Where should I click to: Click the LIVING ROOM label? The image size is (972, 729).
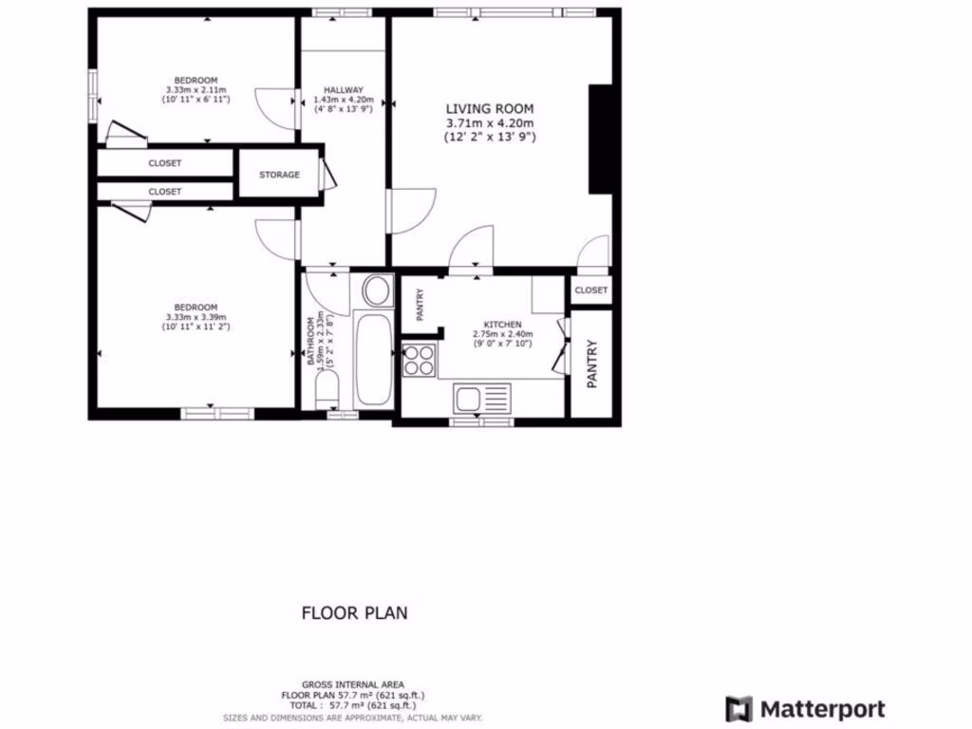click(x=490, y=108)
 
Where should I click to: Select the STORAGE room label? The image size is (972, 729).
click(x=280, y=175)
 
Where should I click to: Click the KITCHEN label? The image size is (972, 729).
click(x=503, y=324)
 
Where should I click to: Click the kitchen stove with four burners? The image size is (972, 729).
click(x=420, y=360)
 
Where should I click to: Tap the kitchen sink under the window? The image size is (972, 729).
click(x=481, y=397)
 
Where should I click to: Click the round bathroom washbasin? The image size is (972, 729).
click(x=377, y=290)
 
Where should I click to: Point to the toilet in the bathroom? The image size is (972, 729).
click(x=325, y=389)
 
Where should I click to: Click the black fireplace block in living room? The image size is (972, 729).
click(x=600, y=140)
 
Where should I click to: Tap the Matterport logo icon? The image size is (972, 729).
click(x=739, y=709)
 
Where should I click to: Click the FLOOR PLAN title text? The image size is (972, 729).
click(x=354, y=613)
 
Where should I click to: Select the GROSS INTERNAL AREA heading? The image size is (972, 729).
click(x=353, y=684)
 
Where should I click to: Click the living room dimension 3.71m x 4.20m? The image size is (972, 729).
click(x=490, y=123)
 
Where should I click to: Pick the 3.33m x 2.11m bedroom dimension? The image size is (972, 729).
click(x=196, y=89)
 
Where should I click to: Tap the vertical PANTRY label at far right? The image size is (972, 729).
click(x=591, y=364)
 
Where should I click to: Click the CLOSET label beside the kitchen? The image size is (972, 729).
click(x=590, y=290)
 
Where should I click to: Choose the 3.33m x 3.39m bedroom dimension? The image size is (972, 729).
click(x=196, y=317)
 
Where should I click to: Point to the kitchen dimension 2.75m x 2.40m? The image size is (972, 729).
click(x=503, y=334)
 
